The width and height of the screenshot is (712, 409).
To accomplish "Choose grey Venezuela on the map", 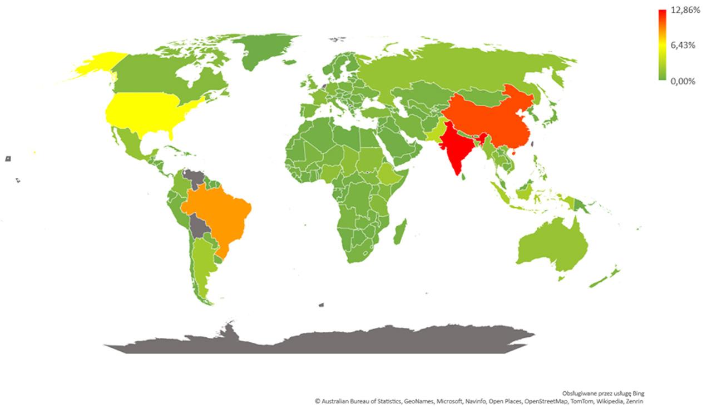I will tap(194, 178).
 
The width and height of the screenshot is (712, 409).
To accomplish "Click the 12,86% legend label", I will tap(685, 11).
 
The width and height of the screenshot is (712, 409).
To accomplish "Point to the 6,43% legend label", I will tap(683, 46).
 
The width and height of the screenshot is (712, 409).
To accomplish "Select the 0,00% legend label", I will tap(683, 81).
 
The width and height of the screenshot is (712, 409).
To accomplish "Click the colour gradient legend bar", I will tap(662, 44).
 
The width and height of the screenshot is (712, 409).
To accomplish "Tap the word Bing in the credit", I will tap(639, 393).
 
